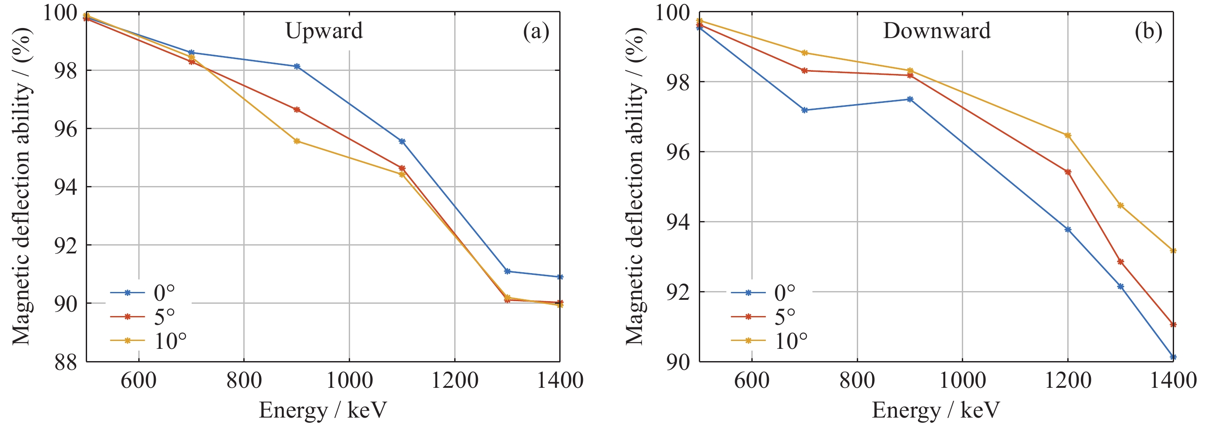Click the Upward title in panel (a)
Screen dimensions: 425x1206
pos(324,31)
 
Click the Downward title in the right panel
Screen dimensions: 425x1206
pos(936,31)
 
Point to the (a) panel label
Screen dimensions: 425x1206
pos(536,32)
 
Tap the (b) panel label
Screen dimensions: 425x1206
pos(1148,32)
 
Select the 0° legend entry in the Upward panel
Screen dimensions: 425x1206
pos(164,293)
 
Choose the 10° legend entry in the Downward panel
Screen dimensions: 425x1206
pos(791,341)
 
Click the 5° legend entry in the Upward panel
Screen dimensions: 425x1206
pos(164,317)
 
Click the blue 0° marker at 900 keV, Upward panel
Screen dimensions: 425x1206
pos(297,67)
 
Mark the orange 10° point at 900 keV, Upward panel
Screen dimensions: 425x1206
pos(297,141)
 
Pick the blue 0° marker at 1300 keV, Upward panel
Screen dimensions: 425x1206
pos(507,271)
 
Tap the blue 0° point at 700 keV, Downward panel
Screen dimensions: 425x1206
pos(805,110)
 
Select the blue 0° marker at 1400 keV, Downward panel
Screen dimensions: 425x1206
pos(1173,357)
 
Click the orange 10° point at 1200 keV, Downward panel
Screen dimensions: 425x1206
pos(1068,136)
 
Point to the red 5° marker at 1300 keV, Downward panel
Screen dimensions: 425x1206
pos(1120,262)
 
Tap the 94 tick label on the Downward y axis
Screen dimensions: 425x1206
pos(678,222)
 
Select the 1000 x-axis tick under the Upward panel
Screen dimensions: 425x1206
pos(349,380)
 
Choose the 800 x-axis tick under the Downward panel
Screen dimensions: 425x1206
pos(857,380)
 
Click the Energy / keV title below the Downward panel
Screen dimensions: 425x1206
pos(936,411)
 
